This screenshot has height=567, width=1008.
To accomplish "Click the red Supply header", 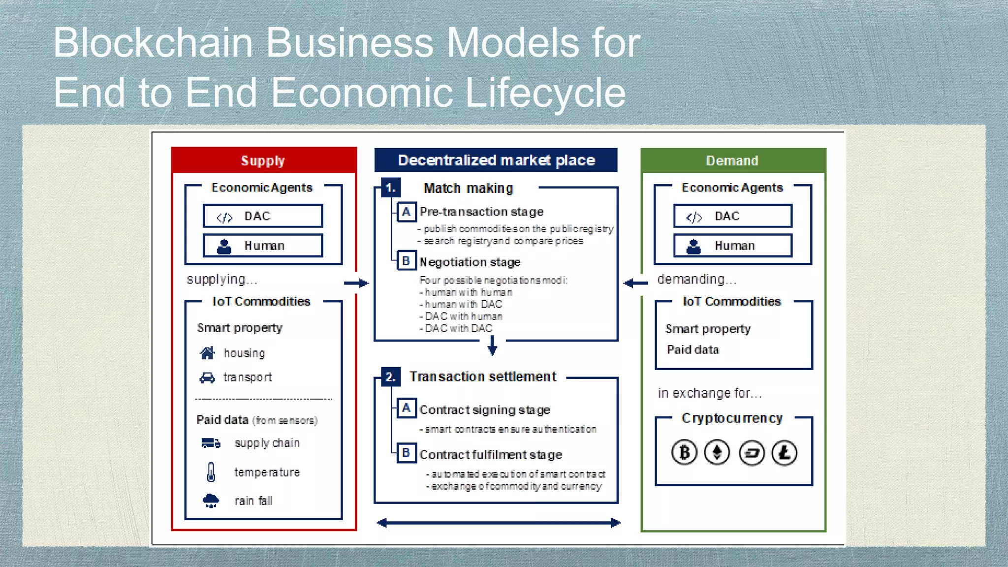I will pos(263,160).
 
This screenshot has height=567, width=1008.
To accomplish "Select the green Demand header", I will pos(732,160).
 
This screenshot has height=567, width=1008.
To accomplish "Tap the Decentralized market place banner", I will pos(496,160).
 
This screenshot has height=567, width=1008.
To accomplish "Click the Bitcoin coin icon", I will pos(684,452).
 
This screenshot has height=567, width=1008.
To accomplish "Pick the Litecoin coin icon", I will pos(784,452).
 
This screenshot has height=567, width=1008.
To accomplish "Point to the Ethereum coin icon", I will pos(717,452).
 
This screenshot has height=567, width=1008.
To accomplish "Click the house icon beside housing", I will pos(207,353).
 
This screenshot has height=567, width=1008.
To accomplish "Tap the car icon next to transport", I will pos(207,378).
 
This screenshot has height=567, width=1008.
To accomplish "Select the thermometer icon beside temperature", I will pos(211,472).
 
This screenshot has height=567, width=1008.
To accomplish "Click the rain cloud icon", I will pos(211,501).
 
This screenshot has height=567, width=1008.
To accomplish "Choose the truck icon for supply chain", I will pos(211,443).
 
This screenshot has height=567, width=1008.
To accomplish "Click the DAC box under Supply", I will pos(263,216).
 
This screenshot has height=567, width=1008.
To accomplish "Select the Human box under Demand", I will pos(733,246).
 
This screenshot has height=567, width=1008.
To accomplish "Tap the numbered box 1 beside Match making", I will pos(391,188).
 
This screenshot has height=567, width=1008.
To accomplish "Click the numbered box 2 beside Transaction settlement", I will pos(391,377).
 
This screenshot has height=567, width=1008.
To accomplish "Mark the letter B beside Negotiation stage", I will pos(406,261).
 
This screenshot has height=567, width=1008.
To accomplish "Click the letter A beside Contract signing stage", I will pos(406,409).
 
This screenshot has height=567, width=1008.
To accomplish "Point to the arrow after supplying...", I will pos(356,283).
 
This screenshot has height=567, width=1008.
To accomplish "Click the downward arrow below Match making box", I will pos(492,346).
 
